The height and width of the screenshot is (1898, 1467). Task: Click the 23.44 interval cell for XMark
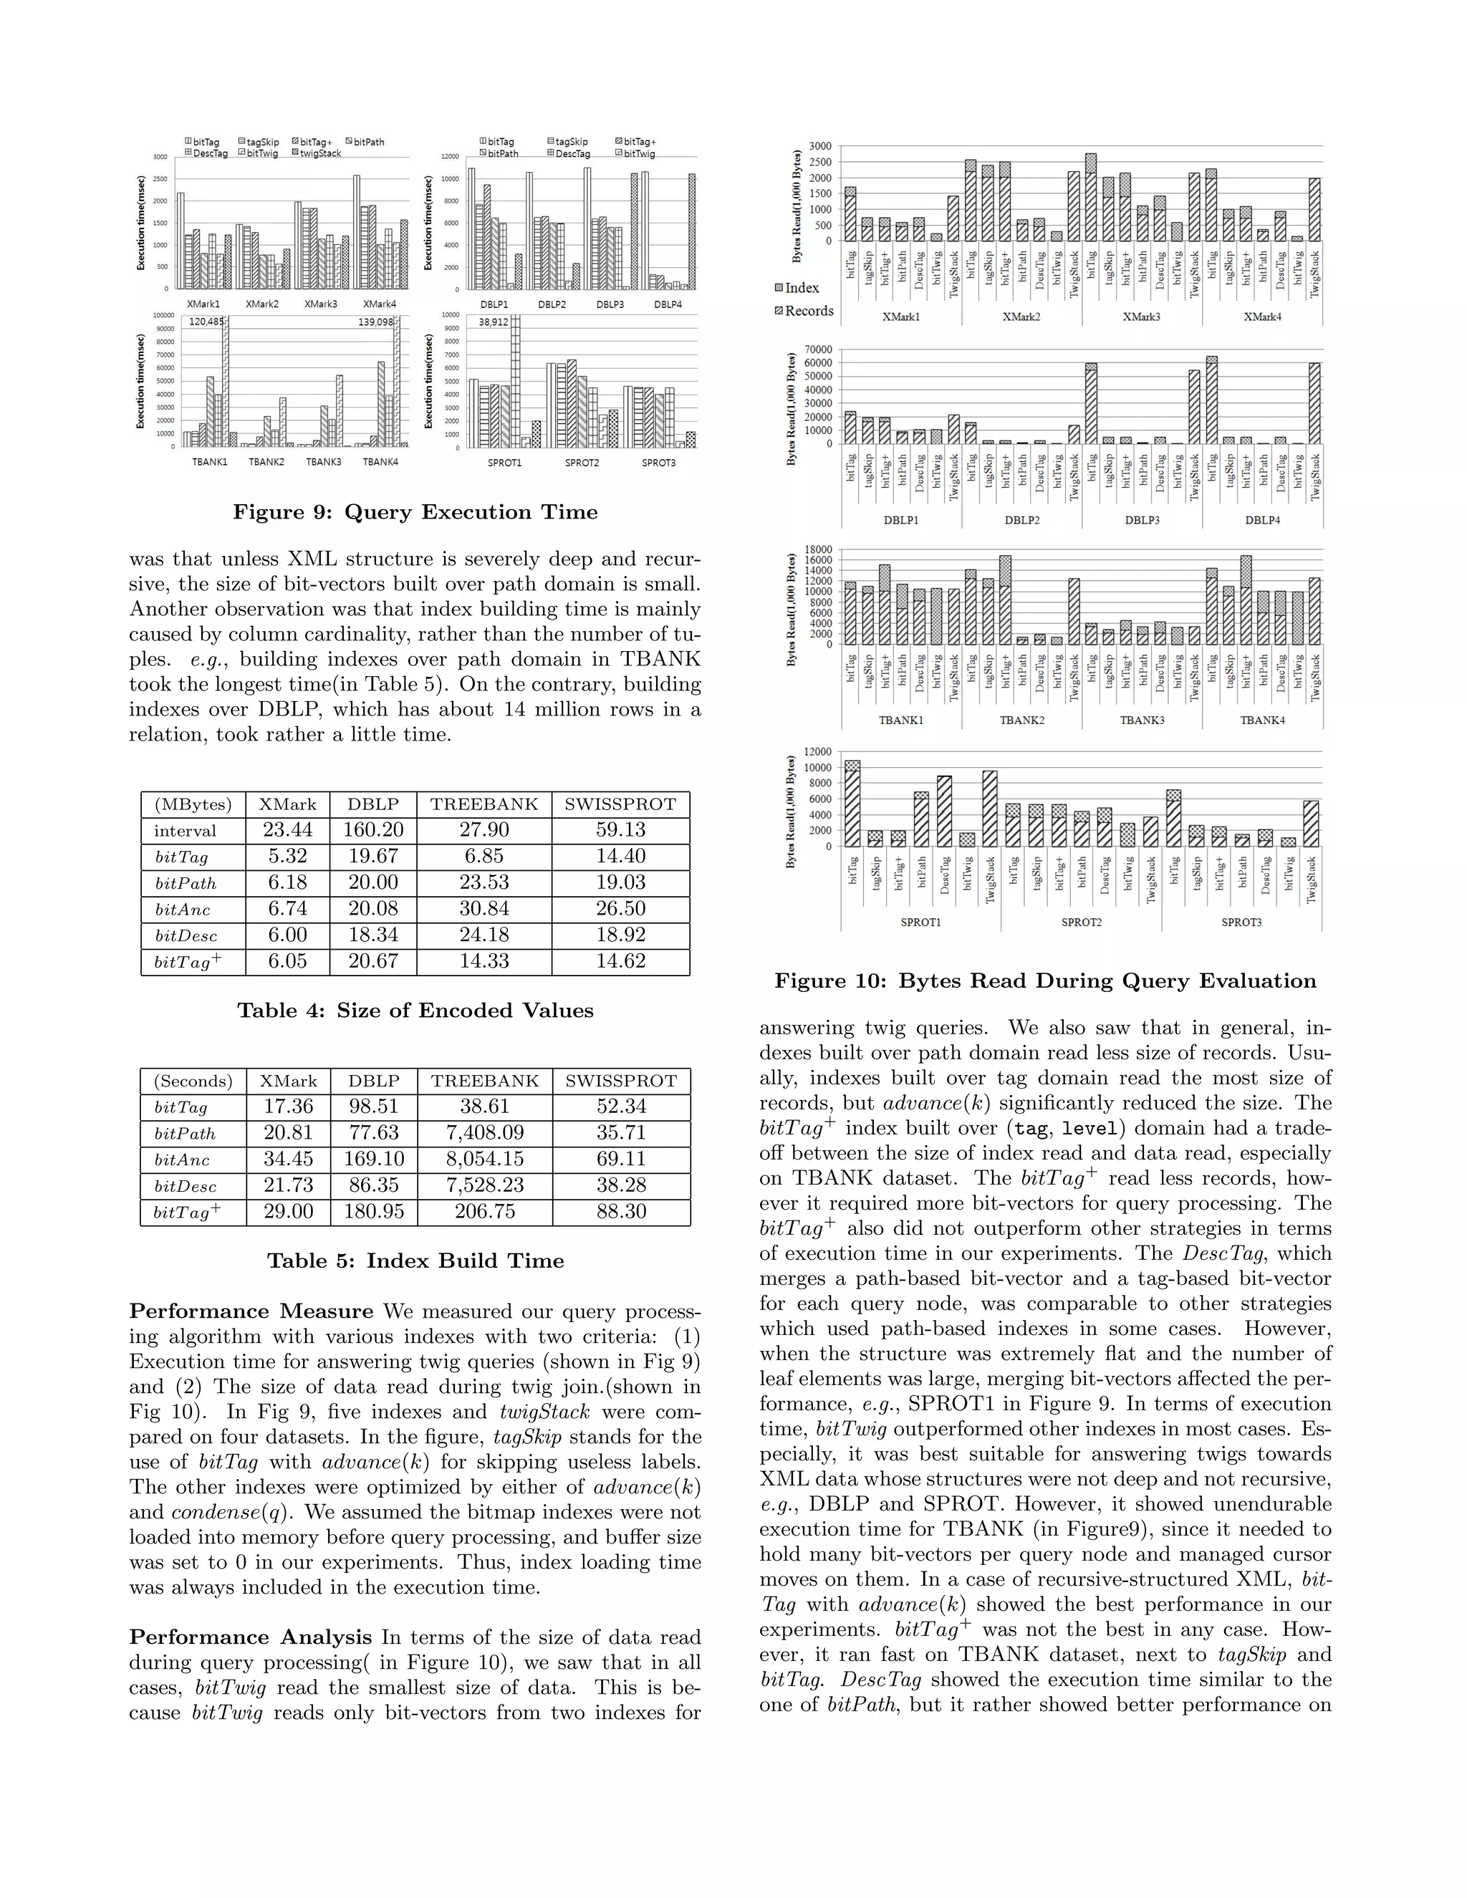(x=288, y=831)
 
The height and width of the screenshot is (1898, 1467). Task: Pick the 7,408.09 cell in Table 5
(x=484, y=1133)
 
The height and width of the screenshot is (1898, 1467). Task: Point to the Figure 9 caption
(x=415, y=513)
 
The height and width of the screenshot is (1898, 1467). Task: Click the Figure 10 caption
(x=1044, y=981)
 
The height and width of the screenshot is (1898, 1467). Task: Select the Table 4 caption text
(x=415, y=1011)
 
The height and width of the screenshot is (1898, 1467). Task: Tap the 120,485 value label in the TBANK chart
(x=206, y=322)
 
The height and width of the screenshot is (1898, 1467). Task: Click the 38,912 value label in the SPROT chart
(x=494, y=322)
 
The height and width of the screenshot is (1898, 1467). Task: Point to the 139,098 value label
(x=375, y=322)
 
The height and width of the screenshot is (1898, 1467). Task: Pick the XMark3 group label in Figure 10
(x=1141, y=317)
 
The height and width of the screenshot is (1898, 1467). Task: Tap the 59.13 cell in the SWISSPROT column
(x=620, y=831)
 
